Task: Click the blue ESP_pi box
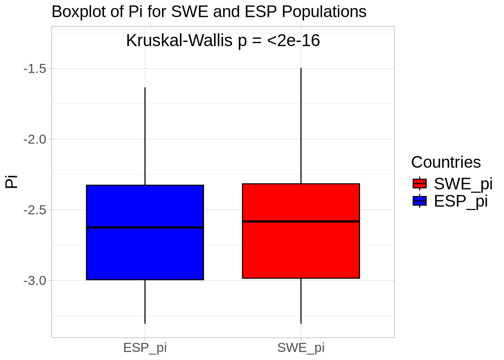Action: tap(145, 255)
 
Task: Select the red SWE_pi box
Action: tap(301, 251)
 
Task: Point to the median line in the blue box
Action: tap(145, 227)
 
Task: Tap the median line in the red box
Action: tap(301, 221)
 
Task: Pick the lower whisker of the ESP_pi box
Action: tap(145, 301)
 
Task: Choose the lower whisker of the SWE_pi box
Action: tap(301, 301)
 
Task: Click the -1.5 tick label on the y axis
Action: tap(34, 69)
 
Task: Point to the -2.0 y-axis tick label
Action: tap(34, 139)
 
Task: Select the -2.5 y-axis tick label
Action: tap(34, 210)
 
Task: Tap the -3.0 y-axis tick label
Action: tap(34, 280)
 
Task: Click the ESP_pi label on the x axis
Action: tap(145, 348)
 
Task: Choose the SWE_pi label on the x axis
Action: tap(301, 348)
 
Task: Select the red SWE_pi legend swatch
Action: tap(420, 183)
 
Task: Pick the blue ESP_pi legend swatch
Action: tap(420, 201)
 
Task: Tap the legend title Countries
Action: tap(445, 162)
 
